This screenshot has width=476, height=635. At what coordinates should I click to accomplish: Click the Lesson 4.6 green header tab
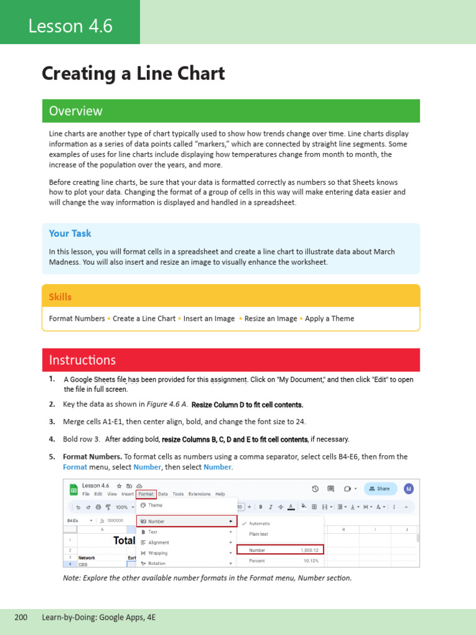[70, 26]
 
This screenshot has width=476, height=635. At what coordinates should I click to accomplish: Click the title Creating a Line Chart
[133, 74]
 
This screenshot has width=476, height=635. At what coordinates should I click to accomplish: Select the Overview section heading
[76, 111]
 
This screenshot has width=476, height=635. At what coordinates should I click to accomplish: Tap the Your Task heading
[70, 233]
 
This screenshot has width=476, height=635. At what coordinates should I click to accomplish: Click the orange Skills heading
[60, 297]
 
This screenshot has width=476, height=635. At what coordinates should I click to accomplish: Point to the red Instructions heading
[82, 360]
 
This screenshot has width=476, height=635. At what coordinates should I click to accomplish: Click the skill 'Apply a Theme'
[329, 319]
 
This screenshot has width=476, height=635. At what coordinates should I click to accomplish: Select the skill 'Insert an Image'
[209, 319]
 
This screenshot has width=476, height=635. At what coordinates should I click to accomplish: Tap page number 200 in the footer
[21, 618]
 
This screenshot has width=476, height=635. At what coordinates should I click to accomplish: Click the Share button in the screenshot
[380, 489]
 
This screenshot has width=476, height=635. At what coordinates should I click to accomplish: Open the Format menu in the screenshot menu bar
[146, 494]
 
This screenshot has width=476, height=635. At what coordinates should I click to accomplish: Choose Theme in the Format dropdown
[156, 505]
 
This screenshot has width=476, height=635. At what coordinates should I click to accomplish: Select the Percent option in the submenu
[257, 561]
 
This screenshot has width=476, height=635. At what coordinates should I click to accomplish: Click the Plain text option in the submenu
[258, 534]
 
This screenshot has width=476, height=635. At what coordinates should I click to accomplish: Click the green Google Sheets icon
[73, 489]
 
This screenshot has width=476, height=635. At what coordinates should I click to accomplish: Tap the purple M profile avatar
[408, 489]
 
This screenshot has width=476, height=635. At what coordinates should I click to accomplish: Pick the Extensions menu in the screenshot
[199, 494]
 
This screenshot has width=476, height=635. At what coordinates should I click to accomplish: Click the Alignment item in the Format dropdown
[159, 543]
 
